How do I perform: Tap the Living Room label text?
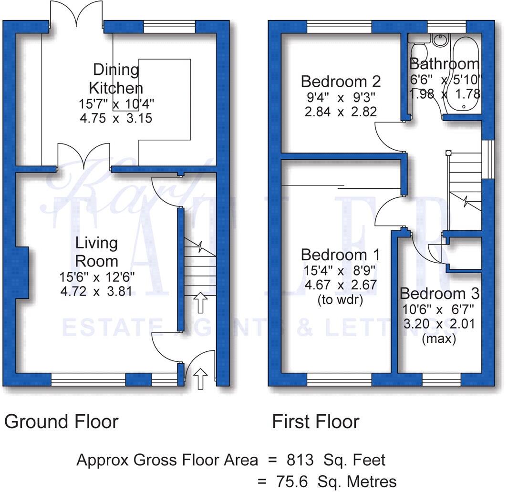(97, 252)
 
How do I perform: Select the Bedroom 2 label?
(341, 82)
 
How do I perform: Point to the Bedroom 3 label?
(439, 293)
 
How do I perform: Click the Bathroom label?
(444, 64)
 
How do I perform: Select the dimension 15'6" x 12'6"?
(97, 276)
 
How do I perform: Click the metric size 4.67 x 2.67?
(339, 285)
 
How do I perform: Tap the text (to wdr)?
(339, 299)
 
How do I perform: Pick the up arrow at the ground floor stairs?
(200, 303)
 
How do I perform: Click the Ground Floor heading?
(61, 421)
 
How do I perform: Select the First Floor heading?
(315, 421)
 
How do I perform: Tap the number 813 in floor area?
(300, 460)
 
